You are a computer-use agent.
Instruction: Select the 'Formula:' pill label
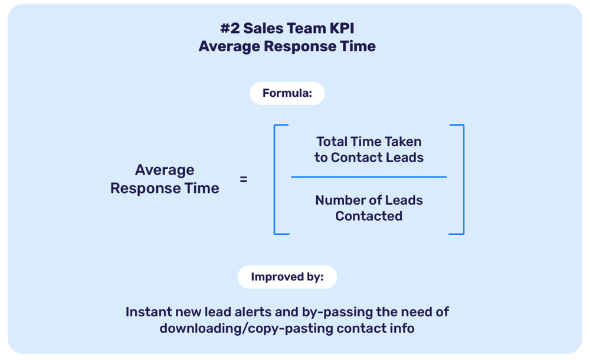pyautogui.click(x=287, y=93)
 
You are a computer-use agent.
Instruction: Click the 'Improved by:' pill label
pyautogui.click(x=287, y=277)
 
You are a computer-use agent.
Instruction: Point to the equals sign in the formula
pyautogui.click(x=244, y=179)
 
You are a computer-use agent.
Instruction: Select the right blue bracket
pyautogui.click(x=462, y=179)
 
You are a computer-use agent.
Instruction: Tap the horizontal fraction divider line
pyautogui.click(x=369, y=176)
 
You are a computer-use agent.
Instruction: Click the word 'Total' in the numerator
pyautogui.click(x=332, y=142)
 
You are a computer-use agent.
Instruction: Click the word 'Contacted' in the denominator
pyautogui.click(x=369, y=216)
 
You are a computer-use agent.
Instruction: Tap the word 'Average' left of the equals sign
pyautogui.click(x=165, y=170)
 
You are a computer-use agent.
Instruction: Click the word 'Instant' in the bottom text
pyautogui.click(x=149, y=312)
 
